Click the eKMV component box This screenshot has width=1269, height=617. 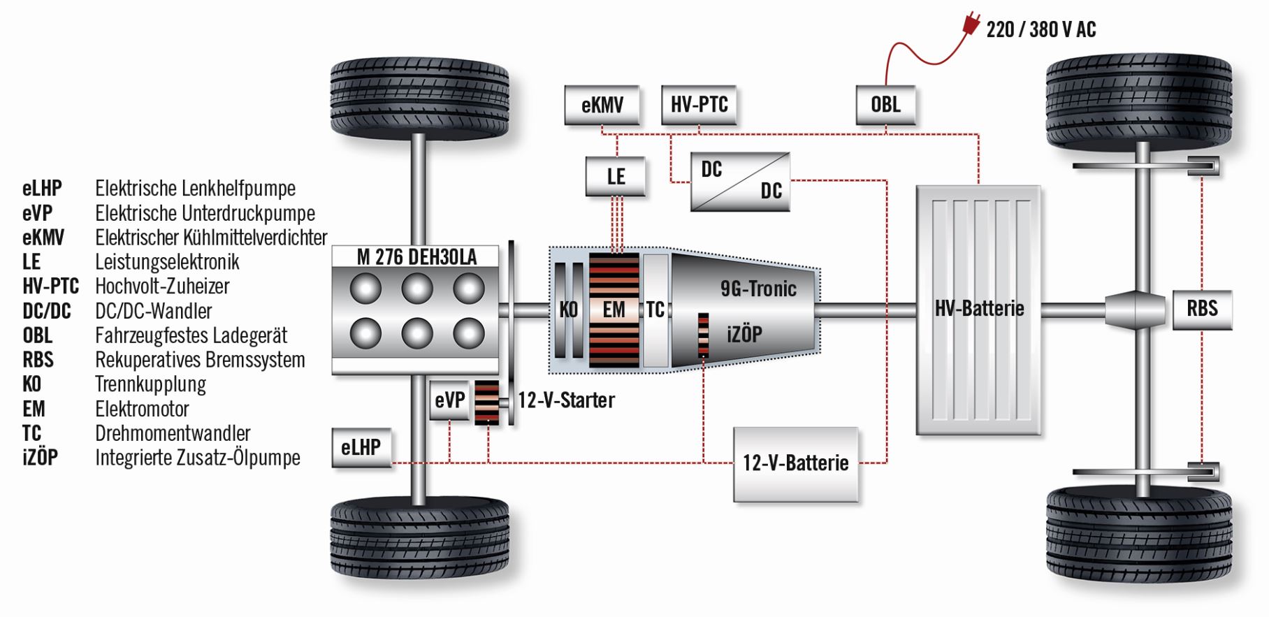click(x=602, y=105)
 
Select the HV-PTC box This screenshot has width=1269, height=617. click(x=699, y=105)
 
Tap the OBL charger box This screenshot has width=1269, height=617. click(x=885, y=105)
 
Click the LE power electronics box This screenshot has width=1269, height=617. click(x=616, y=176)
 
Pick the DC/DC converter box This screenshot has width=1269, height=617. click(x=740, y=182)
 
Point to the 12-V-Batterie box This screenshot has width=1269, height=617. click(x=795, y=463)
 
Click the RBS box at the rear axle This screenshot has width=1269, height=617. click(x=1202, y=309)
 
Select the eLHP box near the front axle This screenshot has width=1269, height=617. click(x=361, y=447)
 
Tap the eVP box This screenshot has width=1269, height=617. click(x=449, y=400)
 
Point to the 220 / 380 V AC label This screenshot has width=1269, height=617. click(x=1040, y=29)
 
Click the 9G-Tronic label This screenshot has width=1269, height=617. click(x=758, y=289)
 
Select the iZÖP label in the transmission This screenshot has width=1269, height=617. click(x=744, y=335)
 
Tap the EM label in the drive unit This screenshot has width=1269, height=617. click(x=614, y=310)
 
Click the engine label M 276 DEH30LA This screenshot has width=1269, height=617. click(x=416, y=257)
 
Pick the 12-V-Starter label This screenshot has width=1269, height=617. click(x=566, y=400)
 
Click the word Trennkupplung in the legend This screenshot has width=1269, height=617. click(x=150, y=384)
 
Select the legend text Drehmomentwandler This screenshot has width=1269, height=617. click(x=173, y=433)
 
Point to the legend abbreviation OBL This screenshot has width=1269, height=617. click(x=38, y=335)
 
